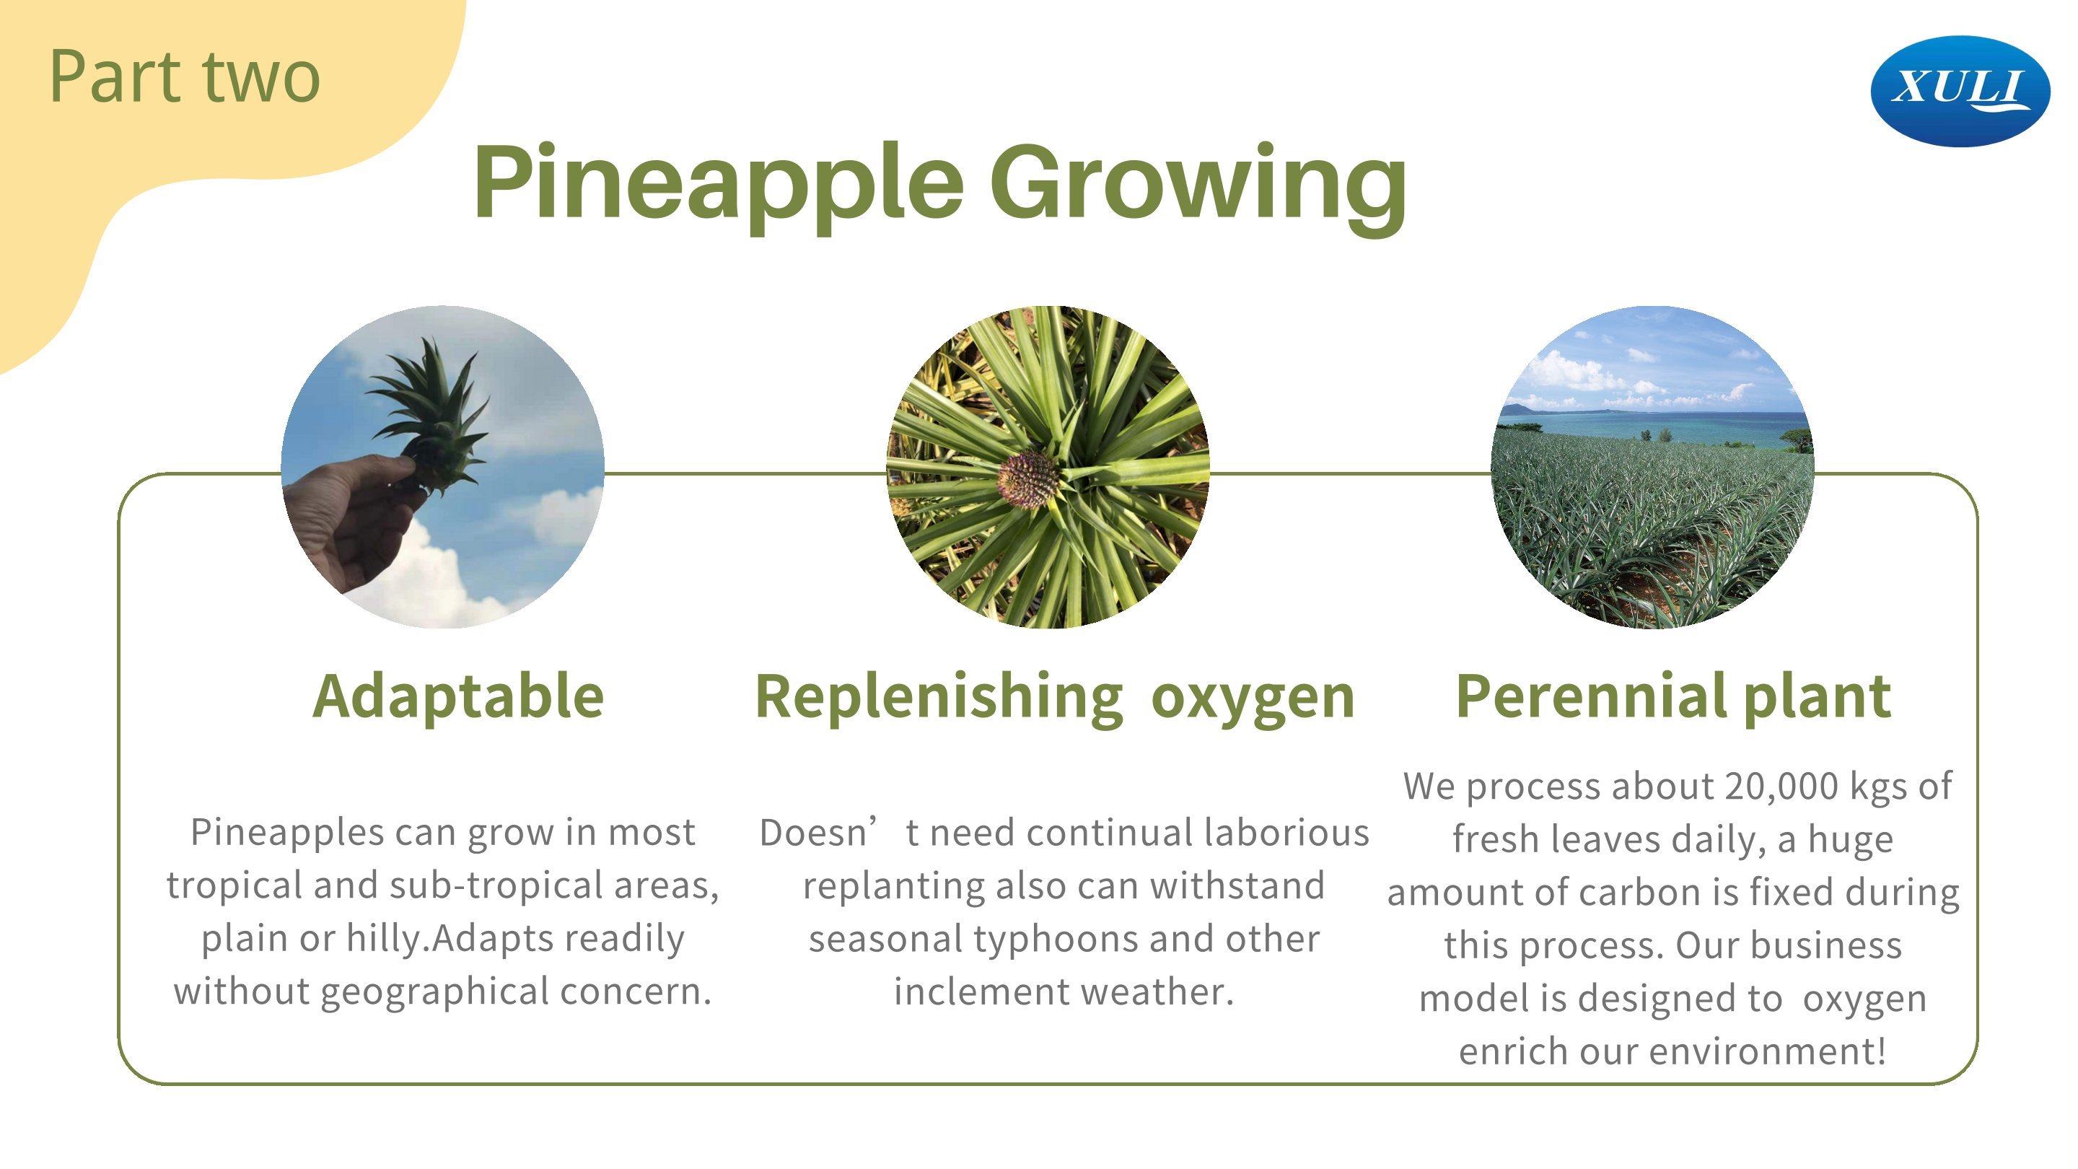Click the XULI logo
[x=1960, y=91]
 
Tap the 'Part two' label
[x=185, y=76]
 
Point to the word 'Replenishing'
[x=939, y=697]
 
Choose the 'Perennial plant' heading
[x=1673, y=697]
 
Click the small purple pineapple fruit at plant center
[x=1027, y=478]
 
